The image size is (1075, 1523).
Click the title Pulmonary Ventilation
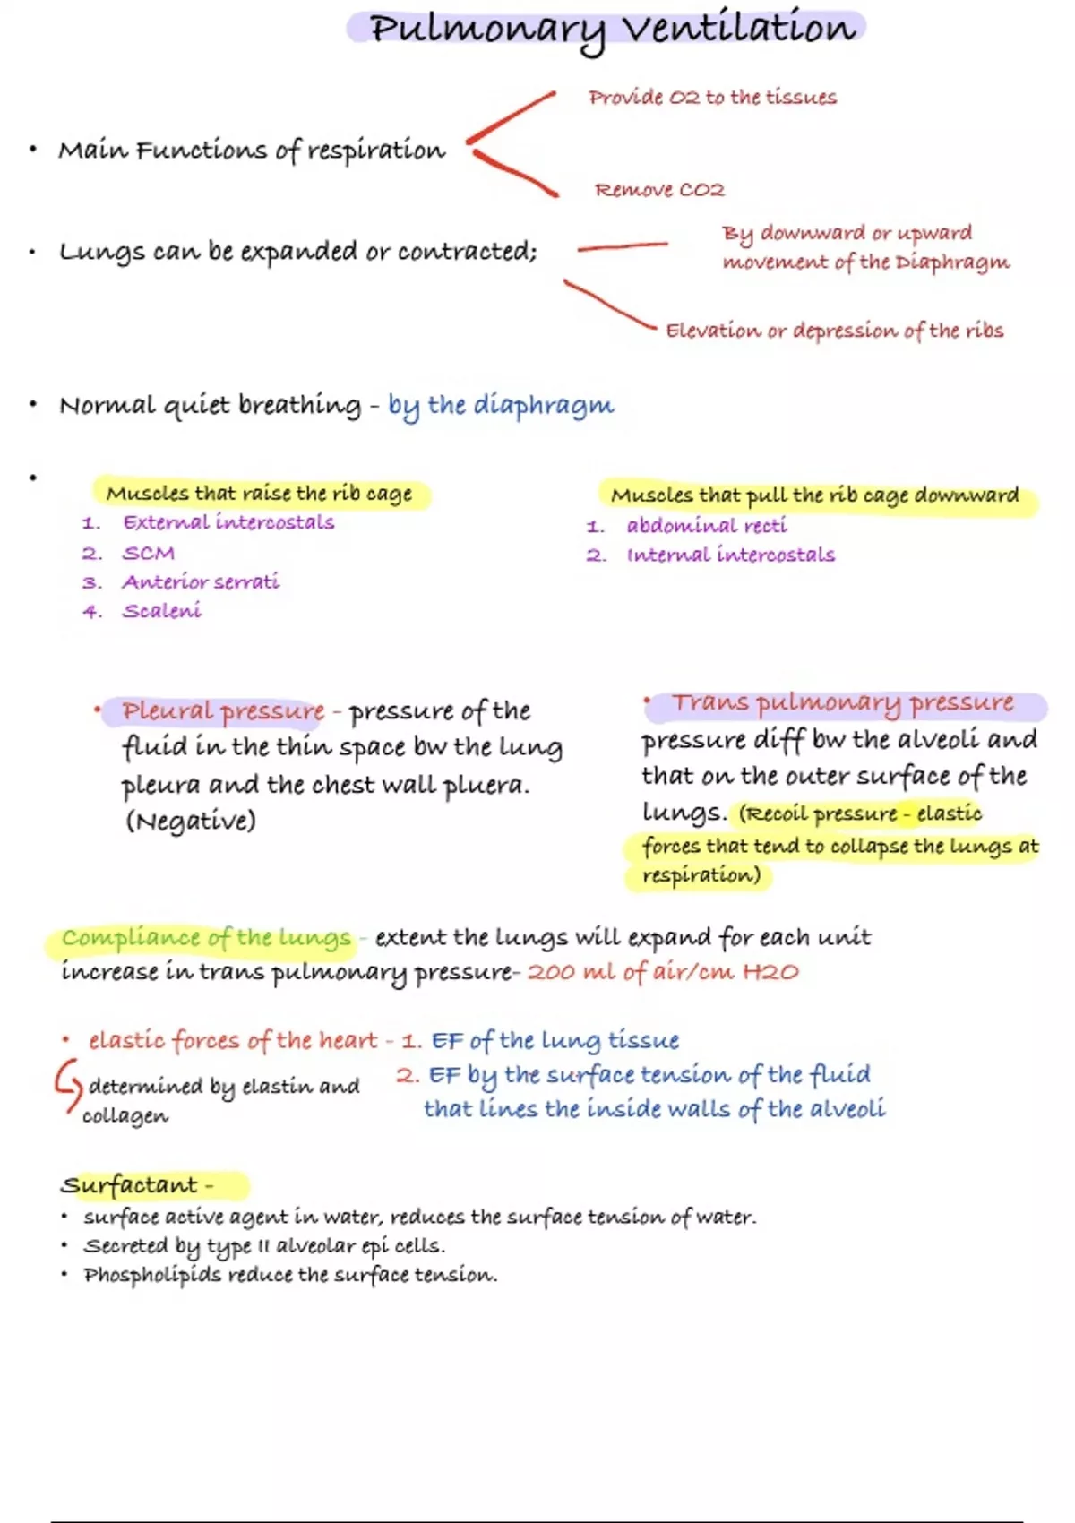(x=613, y=29)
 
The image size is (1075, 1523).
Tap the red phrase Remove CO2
(x=659, y=190)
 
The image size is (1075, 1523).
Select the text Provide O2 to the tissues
(x=712, y=98)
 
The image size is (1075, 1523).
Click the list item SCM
(x=149, y=554)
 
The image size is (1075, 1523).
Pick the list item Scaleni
(x=162, y=611)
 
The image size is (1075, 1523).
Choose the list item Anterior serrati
(x=201, y=582)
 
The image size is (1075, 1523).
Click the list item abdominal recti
(x=707, y=526)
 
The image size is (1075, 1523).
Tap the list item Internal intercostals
(x=730, y=555)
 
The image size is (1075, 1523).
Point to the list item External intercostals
(x=228, y=522)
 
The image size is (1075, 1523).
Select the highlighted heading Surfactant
(x=130, y=1185)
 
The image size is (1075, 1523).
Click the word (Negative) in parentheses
(x=191, y=821)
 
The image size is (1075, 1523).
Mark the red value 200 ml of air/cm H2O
(x=663, y=972)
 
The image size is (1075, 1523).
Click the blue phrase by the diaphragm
(x=501, y=406)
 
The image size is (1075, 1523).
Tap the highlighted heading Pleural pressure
(x=223, y=711)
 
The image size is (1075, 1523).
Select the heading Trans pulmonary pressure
(x=843, y=703)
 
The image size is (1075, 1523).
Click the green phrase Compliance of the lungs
(x=206, y=938)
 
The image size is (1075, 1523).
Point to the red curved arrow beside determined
(x=67, y=1084)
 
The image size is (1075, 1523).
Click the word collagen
(x=125, y=1116)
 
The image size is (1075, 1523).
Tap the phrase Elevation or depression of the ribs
(x=834, y=331)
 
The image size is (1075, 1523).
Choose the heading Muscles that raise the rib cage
(x=259, y=494)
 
